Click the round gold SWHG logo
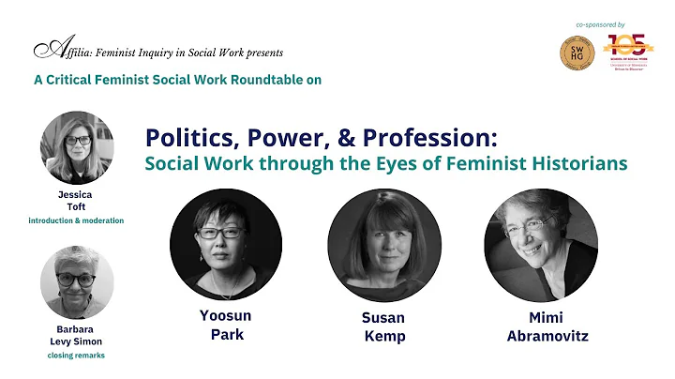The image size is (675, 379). click(x=577, y=53)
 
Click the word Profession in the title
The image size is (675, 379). click(x=434, y=138)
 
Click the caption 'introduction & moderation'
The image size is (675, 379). click(x=77, y=220)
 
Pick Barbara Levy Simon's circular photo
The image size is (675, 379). click(x=77, y=281)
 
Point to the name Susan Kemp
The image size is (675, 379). click(x=383, y=326)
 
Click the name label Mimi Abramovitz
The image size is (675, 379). click(x=542, y=326)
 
